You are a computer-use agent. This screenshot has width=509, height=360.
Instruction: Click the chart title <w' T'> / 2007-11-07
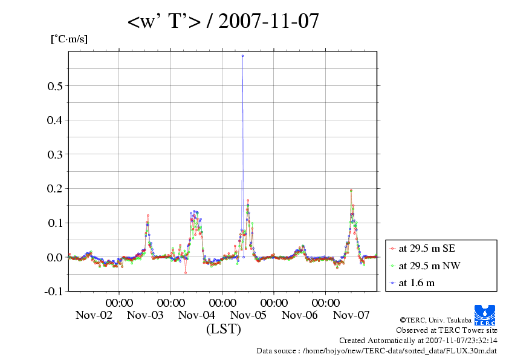(222, 22)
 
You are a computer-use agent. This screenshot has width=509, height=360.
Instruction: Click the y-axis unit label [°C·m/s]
(70, 39)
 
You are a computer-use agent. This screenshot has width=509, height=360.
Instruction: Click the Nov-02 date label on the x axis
(94, 315)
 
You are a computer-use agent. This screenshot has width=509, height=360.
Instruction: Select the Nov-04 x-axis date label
(197, 315)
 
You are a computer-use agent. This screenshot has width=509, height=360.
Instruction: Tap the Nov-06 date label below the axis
(300, 315)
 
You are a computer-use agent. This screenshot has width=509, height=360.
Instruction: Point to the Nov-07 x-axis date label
(351, 315)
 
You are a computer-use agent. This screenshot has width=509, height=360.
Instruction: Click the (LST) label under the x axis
(224, 330)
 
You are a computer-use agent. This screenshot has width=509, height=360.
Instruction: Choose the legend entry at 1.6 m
(417, 283)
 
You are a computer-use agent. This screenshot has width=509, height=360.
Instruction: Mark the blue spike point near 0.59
(242, 56)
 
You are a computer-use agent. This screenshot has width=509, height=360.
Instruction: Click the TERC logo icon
(485, 315)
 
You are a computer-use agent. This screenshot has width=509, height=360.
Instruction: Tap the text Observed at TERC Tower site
(446, 330)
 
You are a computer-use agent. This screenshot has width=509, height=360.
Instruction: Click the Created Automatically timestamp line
(418, 341)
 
